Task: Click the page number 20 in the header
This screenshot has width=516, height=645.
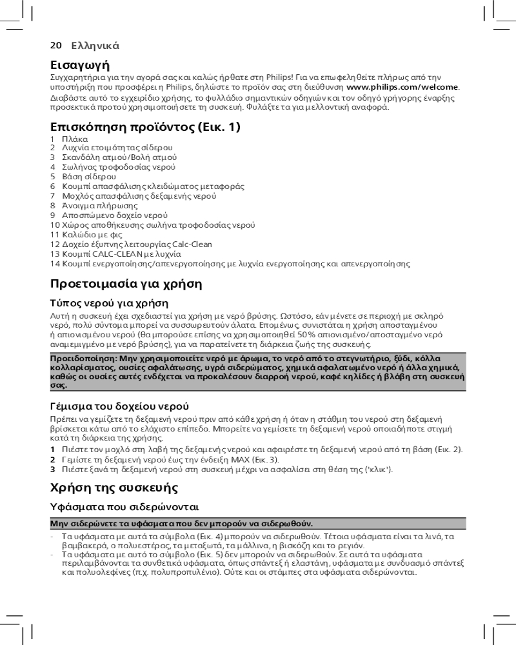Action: tap(55, 46)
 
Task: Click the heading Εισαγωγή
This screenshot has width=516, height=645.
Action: tap(80, 65)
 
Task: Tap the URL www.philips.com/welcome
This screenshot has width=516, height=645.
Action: tap(402, 87)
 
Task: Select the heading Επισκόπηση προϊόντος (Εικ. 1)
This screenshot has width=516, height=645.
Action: tap(145, 126)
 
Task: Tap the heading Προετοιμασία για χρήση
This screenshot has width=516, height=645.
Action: tap(126, 284)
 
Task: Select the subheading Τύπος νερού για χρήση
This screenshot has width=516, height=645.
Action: tap(109, 303)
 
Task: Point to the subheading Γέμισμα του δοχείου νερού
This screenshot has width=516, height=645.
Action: tap(119, 406)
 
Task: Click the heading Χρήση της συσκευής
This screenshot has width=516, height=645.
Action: tap(114, 487)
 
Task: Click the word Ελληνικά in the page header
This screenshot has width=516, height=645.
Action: tap(95, 46)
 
